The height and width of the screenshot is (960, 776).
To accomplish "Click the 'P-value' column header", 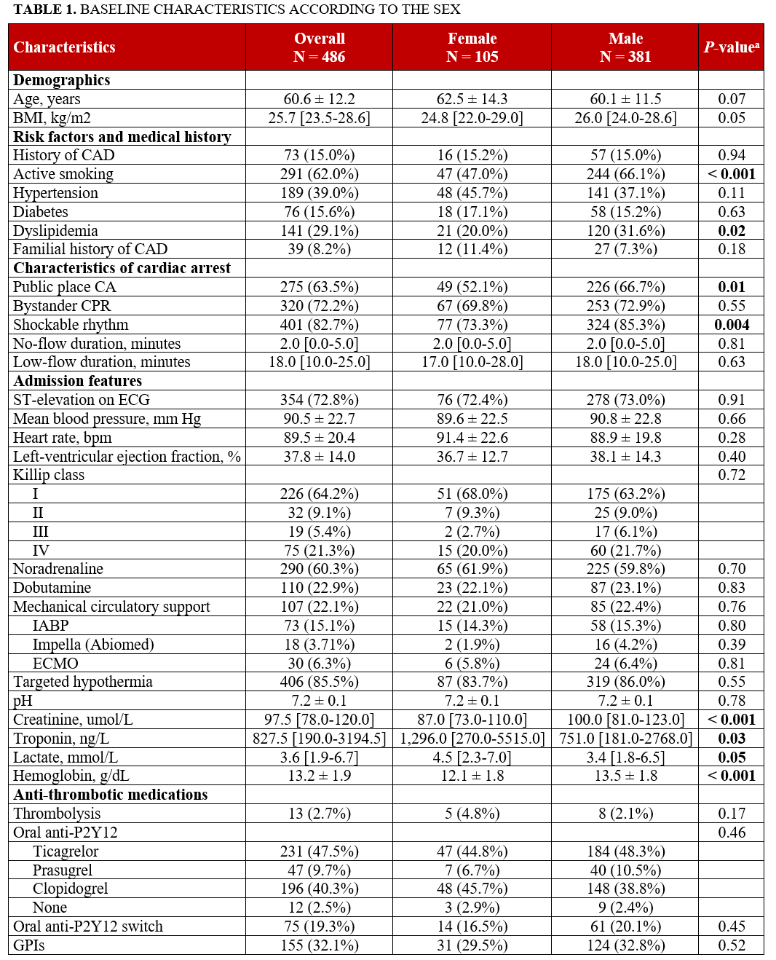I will click(731, 47).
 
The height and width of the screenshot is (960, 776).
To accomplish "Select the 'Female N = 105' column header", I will click(472, 47).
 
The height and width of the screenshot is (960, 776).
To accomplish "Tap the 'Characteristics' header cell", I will click(65, 47).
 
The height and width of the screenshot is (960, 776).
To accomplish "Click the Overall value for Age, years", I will click(319, 99).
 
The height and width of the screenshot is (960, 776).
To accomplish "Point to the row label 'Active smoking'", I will click(63, 174).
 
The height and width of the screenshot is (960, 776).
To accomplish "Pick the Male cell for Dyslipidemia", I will click(625, 231).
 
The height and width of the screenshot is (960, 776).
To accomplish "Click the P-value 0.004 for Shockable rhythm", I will click(731, 325).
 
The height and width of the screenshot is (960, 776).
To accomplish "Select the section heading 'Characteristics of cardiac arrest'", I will click(122, 268).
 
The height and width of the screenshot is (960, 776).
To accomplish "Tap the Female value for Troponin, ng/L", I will click(472, 739).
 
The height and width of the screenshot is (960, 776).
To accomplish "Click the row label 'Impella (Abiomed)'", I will click(93, 645).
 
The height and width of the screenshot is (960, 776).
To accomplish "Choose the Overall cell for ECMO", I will click(319, 664).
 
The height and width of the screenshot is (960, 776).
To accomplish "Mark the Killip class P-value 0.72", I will click(731, 475).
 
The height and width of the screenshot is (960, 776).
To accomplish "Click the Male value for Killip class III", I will click(625, 532).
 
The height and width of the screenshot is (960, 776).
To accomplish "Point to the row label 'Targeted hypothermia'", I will click(83, 682).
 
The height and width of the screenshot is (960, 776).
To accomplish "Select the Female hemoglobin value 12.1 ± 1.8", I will click(472, 776).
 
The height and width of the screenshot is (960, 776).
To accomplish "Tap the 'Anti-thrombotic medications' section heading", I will click(111, 795).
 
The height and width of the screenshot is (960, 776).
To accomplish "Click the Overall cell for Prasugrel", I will click(319, 870).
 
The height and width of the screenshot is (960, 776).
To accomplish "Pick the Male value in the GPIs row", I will click(625, 945).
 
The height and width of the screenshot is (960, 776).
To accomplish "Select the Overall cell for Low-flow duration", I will click(319, 362).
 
